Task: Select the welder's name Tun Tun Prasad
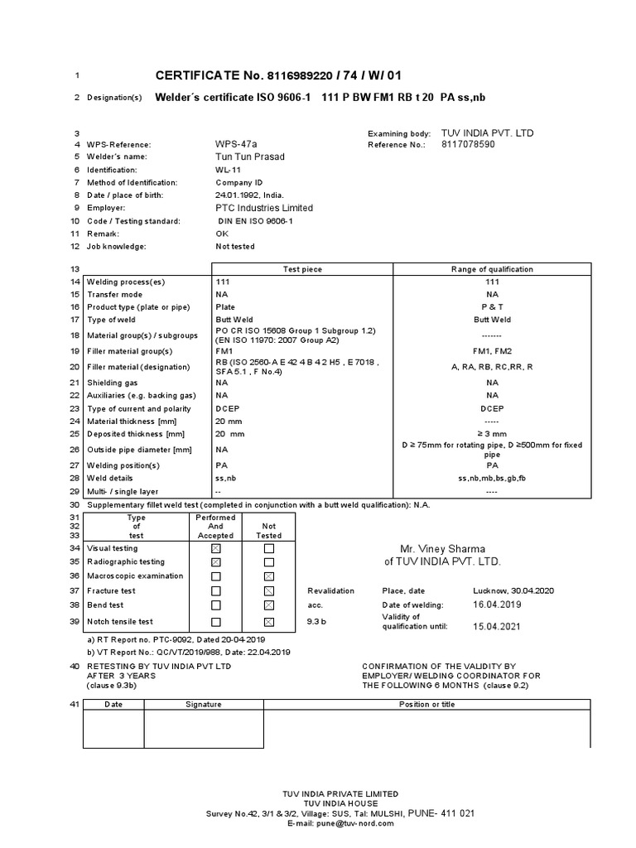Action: (x=249, y=157)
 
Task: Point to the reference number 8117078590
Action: (x=468, y=144)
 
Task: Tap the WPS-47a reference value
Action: (x=236, y=144)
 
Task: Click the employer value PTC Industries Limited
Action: (x=264, y=208)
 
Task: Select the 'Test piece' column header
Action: (x=302, y=269)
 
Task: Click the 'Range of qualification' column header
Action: (x=492, y=269)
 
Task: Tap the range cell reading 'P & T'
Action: (x=492, y=306)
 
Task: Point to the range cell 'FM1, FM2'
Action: (x=492, y=351)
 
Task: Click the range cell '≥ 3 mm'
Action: (x=492, y=434)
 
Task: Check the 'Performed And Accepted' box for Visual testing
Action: (x=216, y=548)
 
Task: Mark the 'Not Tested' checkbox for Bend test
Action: (x=268, y=605)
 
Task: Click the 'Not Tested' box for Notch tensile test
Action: (x=268, y=622)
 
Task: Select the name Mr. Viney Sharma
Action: (x=442, y=548)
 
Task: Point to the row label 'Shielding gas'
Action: (x=115, y=383)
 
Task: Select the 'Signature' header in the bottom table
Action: (x=203, y=704)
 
